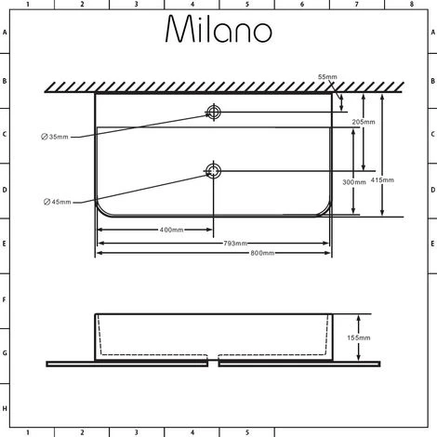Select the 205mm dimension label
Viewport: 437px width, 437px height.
(x=364, y=122)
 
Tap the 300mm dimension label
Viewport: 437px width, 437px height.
(x=353, y=182)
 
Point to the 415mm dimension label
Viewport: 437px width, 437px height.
(x=381, y=179)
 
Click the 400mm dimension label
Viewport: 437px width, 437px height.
(x=170, y=230)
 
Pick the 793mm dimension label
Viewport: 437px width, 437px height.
(x=234, y=243)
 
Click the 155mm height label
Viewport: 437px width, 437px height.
(x=358, y=338)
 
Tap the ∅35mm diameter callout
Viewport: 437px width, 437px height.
(x=55, y=138)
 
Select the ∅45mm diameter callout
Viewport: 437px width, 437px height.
(x=55, y=201)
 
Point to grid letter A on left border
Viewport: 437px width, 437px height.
(x=5, y=32)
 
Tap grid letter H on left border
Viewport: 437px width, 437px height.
(x=5, y=409)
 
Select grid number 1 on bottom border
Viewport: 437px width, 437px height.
(x=27, y=431)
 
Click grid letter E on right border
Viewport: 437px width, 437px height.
(x=431, y=245)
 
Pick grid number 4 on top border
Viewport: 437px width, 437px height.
(x=192, y=5)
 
